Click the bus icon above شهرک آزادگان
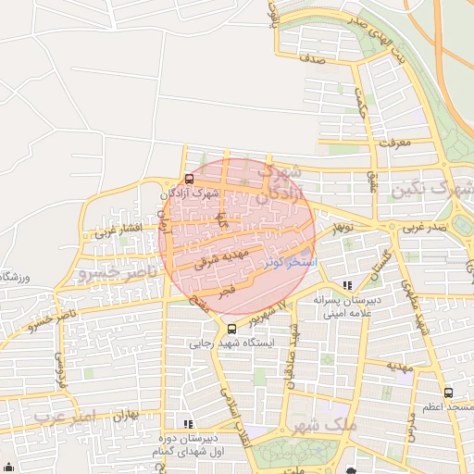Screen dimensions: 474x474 [189, 179]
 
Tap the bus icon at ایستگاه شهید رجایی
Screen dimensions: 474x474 [231, 329]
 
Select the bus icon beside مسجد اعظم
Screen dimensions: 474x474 [448, 393]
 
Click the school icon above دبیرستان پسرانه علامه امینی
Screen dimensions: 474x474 [347, 286]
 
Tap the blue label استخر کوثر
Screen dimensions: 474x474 [290, 263]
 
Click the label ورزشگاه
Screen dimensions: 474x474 [15, 277]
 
